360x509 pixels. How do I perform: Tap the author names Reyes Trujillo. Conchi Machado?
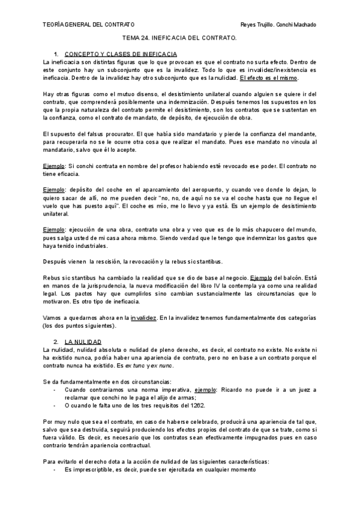tap(278, 25)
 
